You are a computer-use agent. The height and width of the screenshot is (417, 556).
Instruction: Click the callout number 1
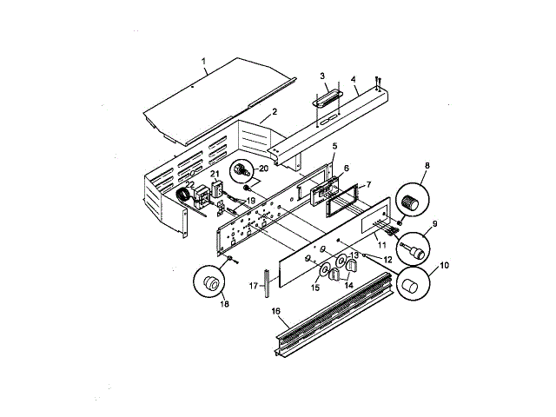tap(203, 61)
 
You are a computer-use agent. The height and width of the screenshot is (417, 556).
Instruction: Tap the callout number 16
tap(275, 311)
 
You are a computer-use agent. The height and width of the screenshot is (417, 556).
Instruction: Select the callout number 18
tap(224, 304)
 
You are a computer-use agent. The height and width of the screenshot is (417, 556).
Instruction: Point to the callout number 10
tap(444, 265)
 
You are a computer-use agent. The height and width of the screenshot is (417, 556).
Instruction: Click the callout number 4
tap(354, 79)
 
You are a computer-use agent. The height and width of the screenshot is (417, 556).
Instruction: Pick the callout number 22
tap(190, 184)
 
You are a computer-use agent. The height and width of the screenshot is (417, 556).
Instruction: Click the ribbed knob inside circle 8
tap(410, 202)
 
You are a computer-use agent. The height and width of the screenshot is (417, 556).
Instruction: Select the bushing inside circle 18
tap(211, 283)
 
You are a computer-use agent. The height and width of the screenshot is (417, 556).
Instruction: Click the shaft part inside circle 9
tap(413, 249)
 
